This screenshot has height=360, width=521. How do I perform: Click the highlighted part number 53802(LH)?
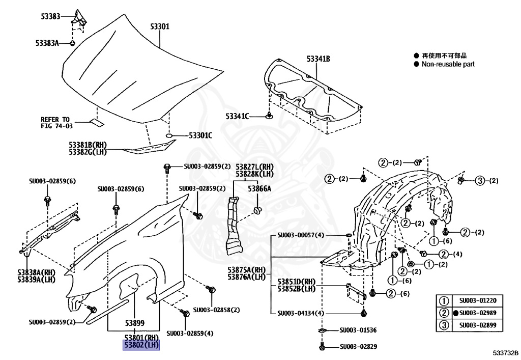(141, 345)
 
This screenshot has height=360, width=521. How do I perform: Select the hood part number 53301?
(160, 26)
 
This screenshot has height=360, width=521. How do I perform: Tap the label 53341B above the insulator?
(319, 59)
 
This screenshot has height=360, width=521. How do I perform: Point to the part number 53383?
(50, 16)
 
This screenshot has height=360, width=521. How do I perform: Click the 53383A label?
(47, 43)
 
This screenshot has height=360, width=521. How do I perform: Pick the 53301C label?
(200, 135)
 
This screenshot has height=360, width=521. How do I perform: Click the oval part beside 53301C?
(169, 135)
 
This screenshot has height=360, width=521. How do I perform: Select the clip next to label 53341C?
(269, 116)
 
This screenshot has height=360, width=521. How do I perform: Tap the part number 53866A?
(259, 189)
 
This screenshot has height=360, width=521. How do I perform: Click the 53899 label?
(134, 323)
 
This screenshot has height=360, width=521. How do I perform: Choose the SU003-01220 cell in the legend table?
(478, 300)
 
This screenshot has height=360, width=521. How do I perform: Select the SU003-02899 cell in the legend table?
(478, 325)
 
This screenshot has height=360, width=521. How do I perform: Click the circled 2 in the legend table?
(444, 313)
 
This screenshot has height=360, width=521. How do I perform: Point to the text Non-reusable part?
(448, 64)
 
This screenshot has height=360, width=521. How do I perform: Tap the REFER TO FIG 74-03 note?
(56, 123)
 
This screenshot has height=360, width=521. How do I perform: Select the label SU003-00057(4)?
(300, 235)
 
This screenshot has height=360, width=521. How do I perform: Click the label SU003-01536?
(358, 330)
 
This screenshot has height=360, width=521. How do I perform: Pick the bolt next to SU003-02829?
(322, 346)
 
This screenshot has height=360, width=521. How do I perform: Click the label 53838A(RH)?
(36, 272)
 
